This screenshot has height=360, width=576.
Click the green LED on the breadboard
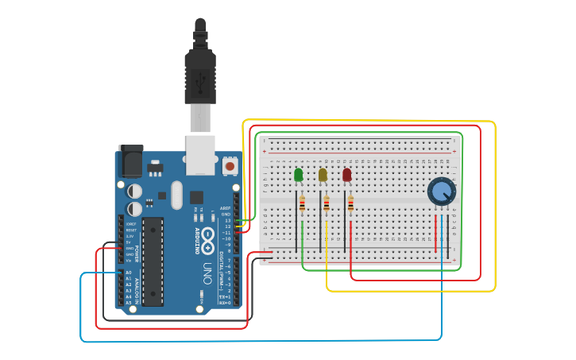point(298,175)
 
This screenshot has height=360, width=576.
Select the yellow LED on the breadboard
point(323,175)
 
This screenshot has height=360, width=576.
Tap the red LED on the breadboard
point(346,175)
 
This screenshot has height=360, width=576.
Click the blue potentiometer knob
point(442,192)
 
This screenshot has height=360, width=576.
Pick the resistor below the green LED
point(302,205)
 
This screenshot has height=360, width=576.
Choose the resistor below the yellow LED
point(327,205)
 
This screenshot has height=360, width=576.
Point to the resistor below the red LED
point(350,205)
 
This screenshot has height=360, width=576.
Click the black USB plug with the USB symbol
point(200,76)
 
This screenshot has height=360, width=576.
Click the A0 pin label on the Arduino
point(129,273)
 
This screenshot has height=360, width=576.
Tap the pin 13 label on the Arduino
point(227,220)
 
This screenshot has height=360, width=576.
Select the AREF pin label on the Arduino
point(226,208)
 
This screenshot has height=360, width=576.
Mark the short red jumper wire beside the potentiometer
point(435,234)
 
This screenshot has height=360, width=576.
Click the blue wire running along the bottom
point(262,341)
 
